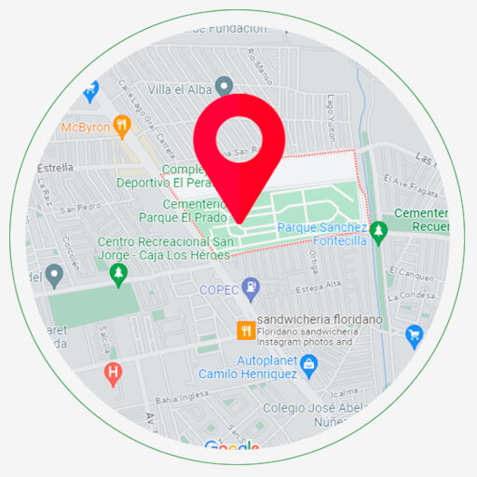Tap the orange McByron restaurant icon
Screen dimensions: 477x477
pyautogui.click(x=121, y=127)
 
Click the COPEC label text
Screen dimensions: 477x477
pyautogui.click(x=218, y=290)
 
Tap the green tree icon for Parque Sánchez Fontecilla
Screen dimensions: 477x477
pyautogui.click(x=377, y=232)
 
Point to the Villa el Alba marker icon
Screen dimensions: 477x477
pyautogui.click(x=224, y=87)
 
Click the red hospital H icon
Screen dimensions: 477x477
pyautogui.click(x=113, y=375)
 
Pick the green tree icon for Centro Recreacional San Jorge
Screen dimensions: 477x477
pyautogui.click(x=117, y=274)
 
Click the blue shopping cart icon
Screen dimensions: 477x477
pyautogui.click(x=415, y=335)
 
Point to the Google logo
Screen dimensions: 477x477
pyautogui.click(x=231, y=448)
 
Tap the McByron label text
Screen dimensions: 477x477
pyautogui.click(x=85, y=127)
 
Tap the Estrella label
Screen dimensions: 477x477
pyautogui.click(x=55, y=168)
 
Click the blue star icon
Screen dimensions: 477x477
pyautogui.click(x=90, y=92)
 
